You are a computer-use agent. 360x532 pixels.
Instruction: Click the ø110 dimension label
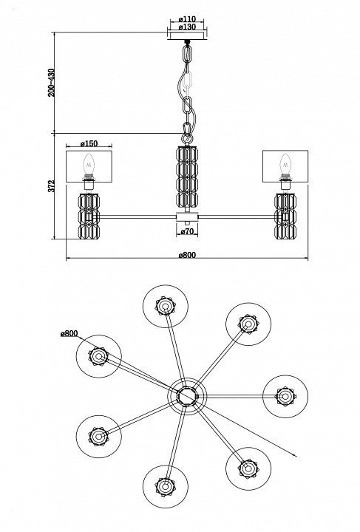click(x=187, y=19)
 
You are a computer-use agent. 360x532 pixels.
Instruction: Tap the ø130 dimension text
click(x=187, y=27)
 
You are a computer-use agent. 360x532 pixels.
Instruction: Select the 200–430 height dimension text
click(x=51, y=83)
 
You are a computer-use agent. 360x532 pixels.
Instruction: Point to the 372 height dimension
click(x=51, y=186)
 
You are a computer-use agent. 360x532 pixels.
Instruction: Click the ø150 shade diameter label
click(x=89, y=143)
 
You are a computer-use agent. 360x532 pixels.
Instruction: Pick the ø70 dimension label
click(x=187, y=231)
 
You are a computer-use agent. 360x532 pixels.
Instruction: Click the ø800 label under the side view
click(x=187, y=255)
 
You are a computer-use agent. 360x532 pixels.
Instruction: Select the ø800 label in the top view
click(x=69, y=333)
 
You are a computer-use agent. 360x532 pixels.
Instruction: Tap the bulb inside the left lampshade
click(x=89, y=165)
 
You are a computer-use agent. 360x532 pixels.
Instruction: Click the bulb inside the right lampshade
click(x=285, y=165)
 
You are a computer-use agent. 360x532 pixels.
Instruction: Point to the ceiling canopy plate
click(x=187, y=35)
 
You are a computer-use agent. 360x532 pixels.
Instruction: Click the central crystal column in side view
click(x=187, y=176)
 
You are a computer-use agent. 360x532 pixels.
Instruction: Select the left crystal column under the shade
click(x=89, y=216)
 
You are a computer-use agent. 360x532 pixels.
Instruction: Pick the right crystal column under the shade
click(x=285, y=216)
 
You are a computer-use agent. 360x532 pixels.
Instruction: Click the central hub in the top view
click(x=186, y=396)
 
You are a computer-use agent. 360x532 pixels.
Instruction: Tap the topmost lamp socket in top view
click(x=166, y=306)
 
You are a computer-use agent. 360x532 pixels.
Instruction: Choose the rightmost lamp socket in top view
click(x=285, y=396)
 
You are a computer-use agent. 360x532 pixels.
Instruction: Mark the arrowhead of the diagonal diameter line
click(x=295, y=456)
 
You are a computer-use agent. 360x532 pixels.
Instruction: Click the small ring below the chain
click(x=186, y=138)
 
